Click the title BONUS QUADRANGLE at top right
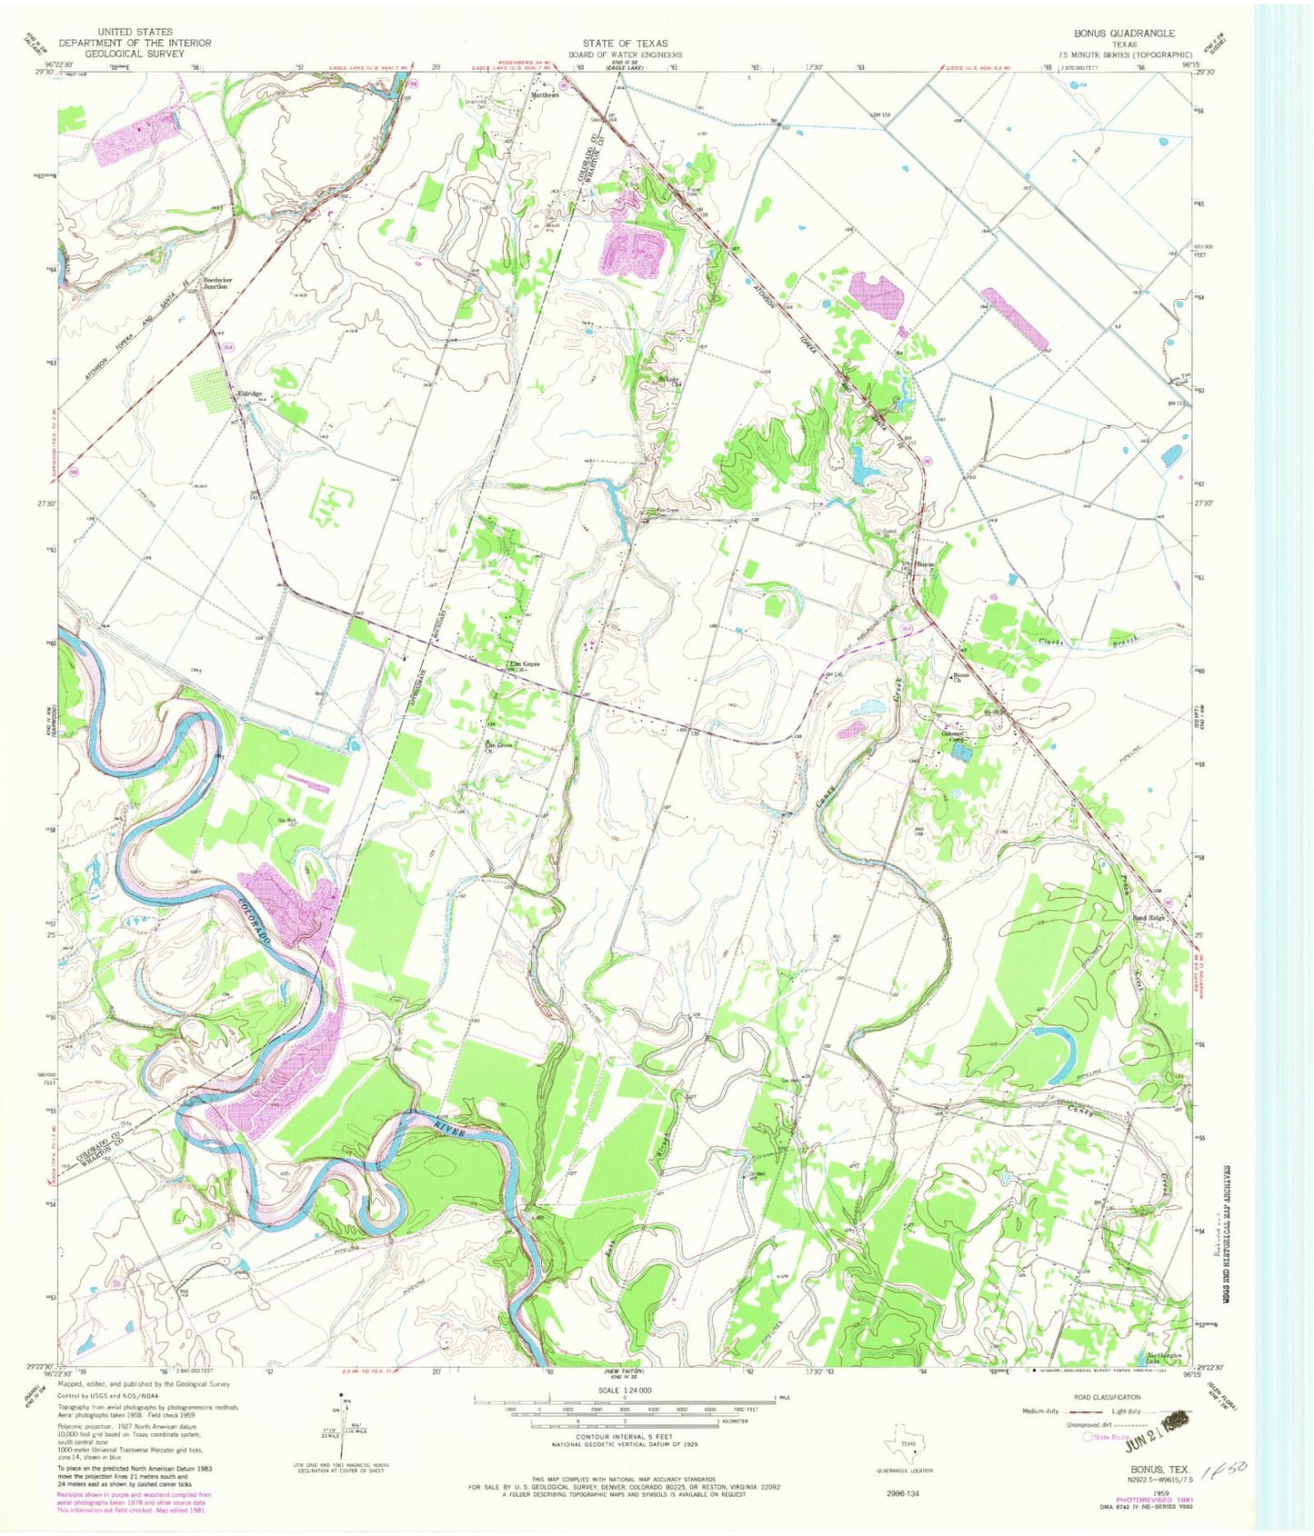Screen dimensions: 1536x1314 pyautogui.click(x=1124, y=33)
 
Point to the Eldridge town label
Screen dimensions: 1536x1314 pyautogui.click(x=250, y=394)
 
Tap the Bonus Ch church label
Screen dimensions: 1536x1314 pyautogui.click(x=962, y=678)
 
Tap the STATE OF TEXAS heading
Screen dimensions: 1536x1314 pyautogui.click(x=625, y=43)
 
